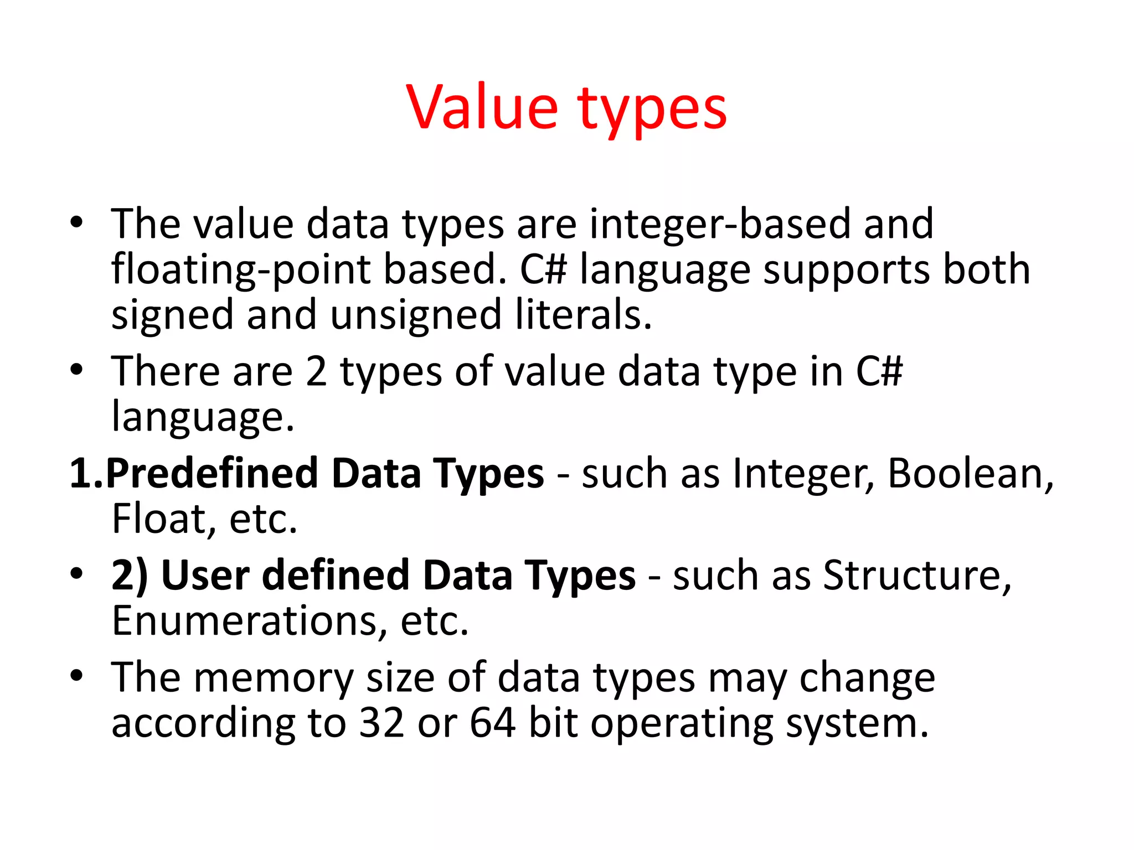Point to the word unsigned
click(416, 315)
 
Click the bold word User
click(205, 576)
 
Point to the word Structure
click(917, 576)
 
